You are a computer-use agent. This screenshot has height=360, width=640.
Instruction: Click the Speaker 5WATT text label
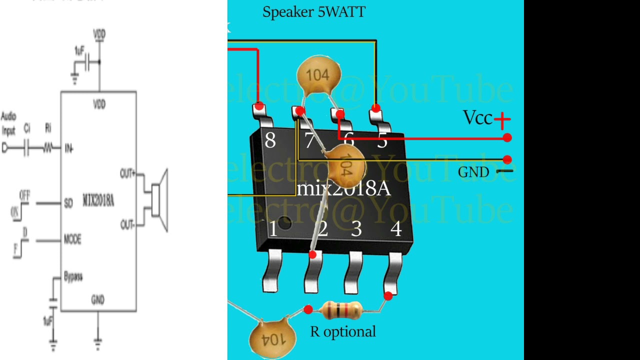(313, 12)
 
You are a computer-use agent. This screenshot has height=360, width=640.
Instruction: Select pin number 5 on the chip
(382, 141)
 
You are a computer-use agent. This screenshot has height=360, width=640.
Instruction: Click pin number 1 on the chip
(272, 229)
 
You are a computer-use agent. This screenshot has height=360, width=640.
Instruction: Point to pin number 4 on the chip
(396, 229)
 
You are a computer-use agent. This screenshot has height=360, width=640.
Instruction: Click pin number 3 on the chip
(356, 229)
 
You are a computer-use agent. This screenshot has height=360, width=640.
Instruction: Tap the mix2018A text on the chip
(343, 189)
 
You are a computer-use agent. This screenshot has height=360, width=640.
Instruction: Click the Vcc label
(478, 118)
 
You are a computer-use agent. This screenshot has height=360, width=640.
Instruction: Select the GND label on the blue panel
(473, 172)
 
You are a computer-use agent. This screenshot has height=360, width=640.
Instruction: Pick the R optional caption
(342, 331)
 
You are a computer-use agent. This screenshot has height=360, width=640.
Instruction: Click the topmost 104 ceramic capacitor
(318, 75)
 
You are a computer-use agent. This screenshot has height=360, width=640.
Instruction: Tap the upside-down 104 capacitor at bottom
(272, 338)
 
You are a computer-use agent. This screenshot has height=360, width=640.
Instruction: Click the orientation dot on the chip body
(284, 222)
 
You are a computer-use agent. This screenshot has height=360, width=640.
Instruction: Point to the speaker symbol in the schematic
(159, 199)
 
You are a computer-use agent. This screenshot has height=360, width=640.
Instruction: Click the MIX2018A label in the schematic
(98, 201)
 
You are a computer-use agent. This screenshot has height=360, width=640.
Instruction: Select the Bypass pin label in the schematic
(73, 276)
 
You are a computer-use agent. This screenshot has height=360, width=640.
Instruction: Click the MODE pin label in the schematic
(72, 239)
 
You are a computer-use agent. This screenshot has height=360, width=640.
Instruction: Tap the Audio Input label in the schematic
(8, 123)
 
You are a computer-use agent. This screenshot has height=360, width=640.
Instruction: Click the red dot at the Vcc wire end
(507, 137)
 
